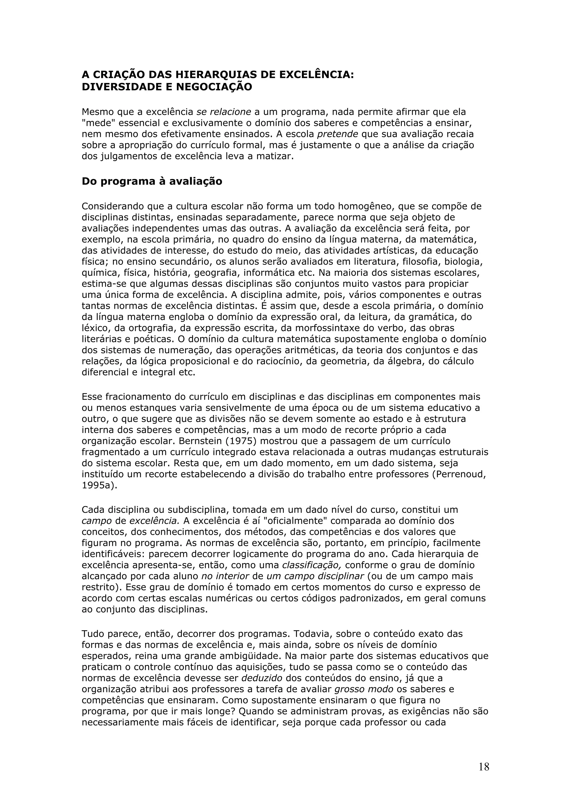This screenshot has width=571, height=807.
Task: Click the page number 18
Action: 484,767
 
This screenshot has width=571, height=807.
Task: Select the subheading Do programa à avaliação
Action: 152,181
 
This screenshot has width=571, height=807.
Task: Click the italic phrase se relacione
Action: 224,112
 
